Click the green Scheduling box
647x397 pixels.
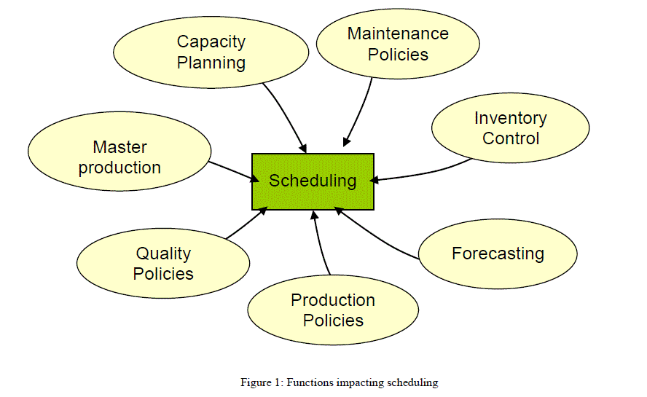click(x=313, y=181)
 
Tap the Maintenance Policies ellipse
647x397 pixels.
click(x=398, y=44)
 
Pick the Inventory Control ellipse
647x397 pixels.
click(x=510, y=127)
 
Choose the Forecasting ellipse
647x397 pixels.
click(x=498, y=254)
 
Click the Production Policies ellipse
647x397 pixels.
click(x=333, y=310)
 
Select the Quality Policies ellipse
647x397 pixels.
click(x=164, y=264)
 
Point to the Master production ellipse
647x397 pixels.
click(x=119, y=157)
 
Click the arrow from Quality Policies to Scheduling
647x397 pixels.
click(x=246, y=223)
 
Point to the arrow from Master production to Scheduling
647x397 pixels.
click(x=230, y=170)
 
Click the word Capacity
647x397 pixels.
click(x=211, y=42)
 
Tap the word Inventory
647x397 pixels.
click(x=510, y=118)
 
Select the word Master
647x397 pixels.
click(x=119, y=148)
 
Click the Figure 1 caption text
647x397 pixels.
click(x=339, y=382)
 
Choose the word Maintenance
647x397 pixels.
click(x=398, y=34)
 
